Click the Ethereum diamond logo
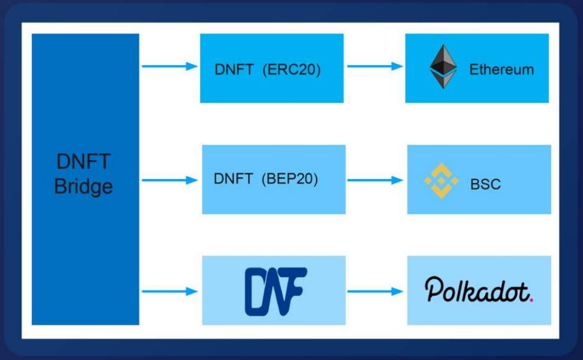[x=443, y=67]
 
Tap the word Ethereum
[x=501, y=70]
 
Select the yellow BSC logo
[x=441, y=180]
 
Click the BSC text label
[x=486, y=184]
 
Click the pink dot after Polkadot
[x=532, y=299]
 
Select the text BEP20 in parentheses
[x=289, y=179]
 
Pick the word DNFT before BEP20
[x=233, y=179]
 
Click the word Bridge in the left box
[x=83, y=187]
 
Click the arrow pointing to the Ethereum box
[x=374, y=66]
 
